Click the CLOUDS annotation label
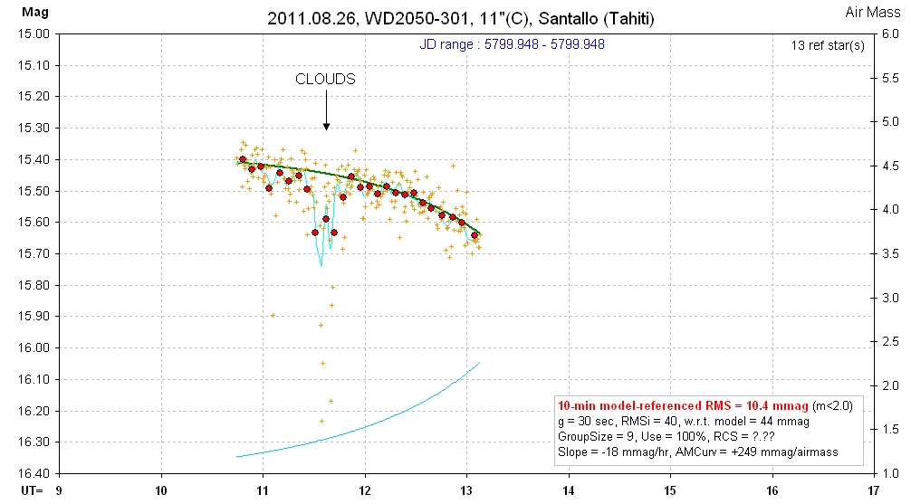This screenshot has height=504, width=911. (x=325, y=79)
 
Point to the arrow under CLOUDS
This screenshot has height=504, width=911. (x=326, y=113)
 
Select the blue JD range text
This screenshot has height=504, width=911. (x=512, y=44)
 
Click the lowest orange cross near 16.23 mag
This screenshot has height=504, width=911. (x=321, y=421)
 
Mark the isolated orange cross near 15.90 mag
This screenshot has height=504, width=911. (x=273, y=315)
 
